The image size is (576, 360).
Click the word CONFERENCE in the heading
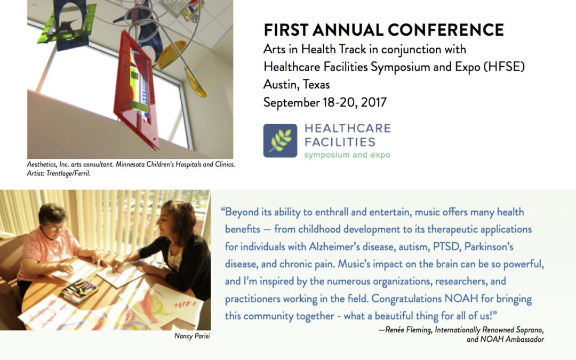click(445, 30)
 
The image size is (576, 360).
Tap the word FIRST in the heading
click(286, 30)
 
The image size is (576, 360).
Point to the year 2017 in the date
click(373, 102)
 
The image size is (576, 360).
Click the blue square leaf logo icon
click(281, 141)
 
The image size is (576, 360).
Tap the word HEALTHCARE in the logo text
click(348, 128)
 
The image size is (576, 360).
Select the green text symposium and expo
click(347, 155)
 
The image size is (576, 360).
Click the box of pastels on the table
click(79, 291)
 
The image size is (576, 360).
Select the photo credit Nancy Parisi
click(192, 336)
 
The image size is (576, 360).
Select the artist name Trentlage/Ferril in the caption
click(68, 173)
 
